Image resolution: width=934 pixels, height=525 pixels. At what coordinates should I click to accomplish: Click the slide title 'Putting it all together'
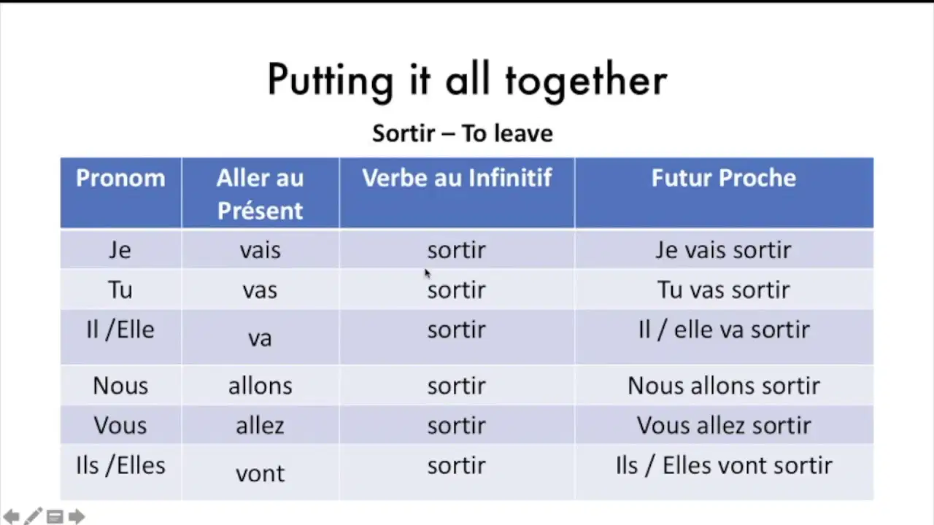[468, 81]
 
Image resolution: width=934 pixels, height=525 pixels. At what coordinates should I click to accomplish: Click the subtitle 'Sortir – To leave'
[463, 133]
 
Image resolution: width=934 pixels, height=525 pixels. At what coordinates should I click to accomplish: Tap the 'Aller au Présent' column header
[260, 194]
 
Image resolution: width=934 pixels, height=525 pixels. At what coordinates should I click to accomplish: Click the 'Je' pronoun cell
[120, 250]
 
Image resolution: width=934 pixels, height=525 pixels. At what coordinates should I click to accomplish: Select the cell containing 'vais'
[260, 250]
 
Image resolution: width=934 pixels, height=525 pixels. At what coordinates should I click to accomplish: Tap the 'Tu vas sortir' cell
[724, 289]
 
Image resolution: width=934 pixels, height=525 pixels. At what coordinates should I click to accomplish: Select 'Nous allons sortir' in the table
[724, 386]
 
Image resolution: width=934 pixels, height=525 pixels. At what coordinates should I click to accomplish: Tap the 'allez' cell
[260, 425]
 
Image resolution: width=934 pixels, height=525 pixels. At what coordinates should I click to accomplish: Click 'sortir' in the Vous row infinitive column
[457, 425]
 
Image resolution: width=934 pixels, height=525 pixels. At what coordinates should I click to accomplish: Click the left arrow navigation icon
[11, 517]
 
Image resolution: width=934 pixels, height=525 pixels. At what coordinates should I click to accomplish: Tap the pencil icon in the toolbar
[33, 516]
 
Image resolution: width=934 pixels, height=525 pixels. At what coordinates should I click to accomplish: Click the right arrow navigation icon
[77, 517]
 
